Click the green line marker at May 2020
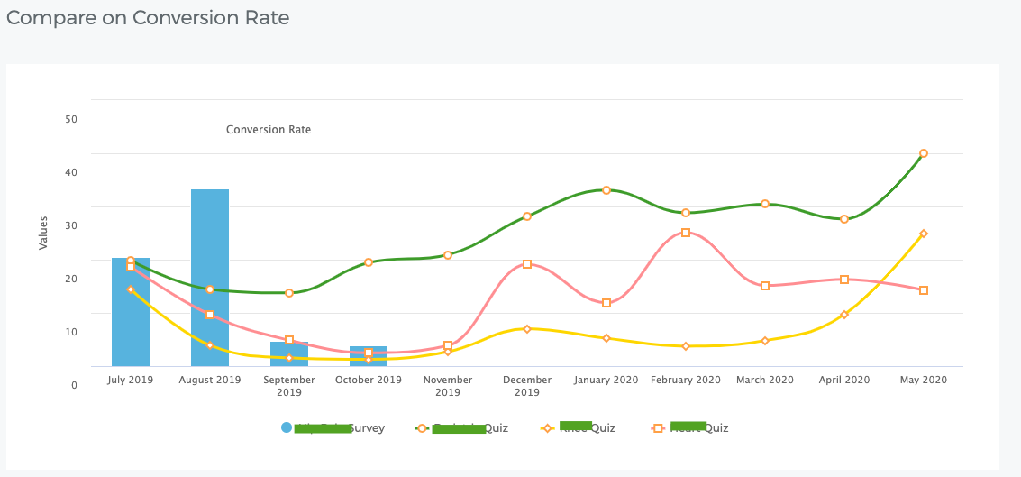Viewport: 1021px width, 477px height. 924,153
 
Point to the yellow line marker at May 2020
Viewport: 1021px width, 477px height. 924,234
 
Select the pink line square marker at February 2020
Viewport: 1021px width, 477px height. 686,233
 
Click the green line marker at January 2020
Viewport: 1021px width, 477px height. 606,190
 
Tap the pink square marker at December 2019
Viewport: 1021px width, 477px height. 527,264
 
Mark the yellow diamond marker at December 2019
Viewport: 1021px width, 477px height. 527,329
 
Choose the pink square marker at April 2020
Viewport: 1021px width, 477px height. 844,280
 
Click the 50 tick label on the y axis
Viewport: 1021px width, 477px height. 71,119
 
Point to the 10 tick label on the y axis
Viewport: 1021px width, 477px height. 71,332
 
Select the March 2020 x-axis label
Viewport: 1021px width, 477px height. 765,380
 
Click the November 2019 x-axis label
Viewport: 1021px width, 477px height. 448,386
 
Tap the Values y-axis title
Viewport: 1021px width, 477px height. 43,232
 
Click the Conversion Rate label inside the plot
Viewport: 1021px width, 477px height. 269,130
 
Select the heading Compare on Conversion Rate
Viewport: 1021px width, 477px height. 148,17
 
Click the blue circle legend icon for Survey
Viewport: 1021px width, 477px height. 287,427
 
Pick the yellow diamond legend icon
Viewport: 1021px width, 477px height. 546,427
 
